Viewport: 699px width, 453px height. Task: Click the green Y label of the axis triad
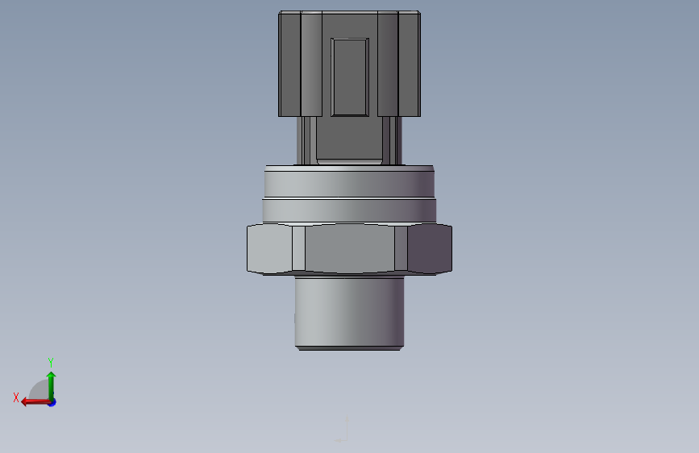pyautogui.click(x=51, y=362)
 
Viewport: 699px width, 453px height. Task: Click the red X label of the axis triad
pyautogui.click(x=16, y=397)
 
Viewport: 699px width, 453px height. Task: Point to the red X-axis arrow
pyautogui.click(x=36, y=402)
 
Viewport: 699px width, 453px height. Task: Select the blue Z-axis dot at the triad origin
pyautogui.click(x=52, y=402)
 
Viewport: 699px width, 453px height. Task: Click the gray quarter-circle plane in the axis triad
pyautogui.click(x=40, y=391)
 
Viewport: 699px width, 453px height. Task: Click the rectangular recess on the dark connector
pyautogui.click(x=350, y=77)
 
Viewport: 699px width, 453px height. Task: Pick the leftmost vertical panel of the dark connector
pyautogui.click(x=289, y=64)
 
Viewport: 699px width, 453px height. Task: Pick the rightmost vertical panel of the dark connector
pyautogui.click(x=410, y=64)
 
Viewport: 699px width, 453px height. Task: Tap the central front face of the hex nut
pyautogui.click(x=350, y=248)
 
